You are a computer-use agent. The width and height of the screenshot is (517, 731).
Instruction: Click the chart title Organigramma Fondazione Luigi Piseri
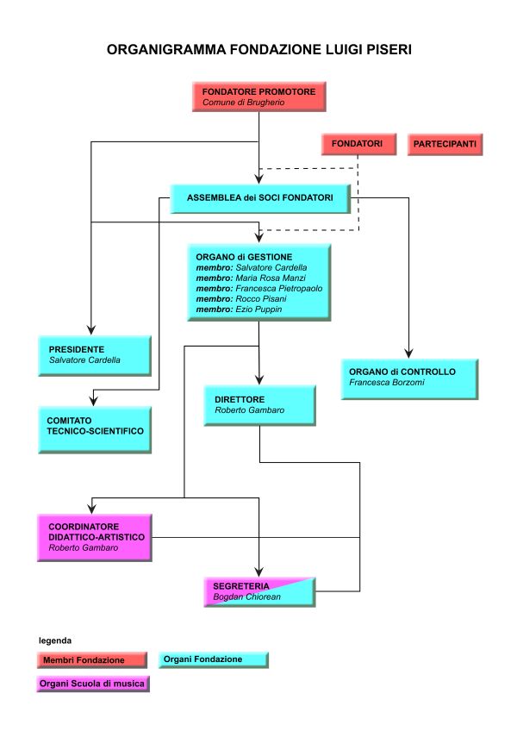point(258,51)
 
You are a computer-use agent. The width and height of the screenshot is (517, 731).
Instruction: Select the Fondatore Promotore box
point(258,96)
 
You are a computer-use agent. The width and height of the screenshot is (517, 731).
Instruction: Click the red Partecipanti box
point(445,144)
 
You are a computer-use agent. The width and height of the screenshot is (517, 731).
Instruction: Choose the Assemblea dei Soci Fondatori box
point(259,197)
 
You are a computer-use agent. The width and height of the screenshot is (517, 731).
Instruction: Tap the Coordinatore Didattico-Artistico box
point(95,536)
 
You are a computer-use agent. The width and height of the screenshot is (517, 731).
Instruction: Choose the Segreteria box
point(259,590)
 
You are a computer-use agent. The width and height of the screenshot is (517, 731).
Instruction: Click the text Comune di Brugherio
point(243,102)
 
